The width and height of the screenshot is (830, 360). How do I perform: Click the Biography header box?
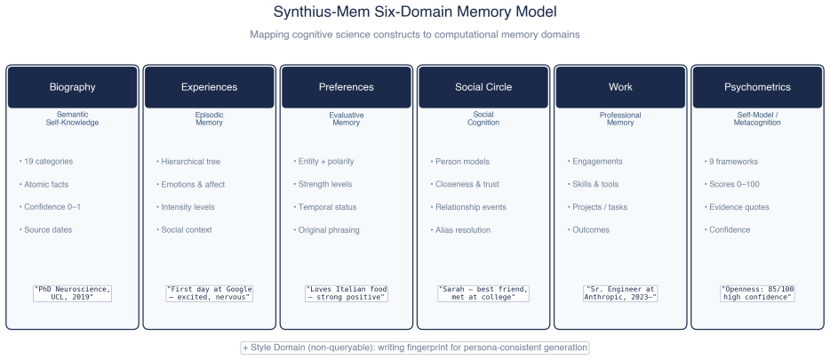point(73,87)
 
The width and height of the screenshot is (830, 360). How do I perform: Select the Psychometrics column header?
point(757,87)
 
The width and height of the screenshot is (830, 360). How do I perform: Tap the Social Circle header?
point(483,87)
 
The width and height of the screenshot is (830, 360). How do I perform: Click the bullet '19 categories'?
point(46,162)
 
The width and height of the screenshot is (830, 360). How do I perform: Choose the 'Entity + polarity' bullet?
point(323,162)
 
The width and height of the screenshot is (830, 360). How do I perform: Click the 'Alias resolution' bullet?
point(460,230)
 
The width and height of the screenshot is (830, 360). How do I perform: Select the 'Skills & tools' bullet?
point(593,184)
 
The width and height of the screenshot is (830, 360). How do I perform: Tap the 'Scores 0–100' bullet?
point(731,184)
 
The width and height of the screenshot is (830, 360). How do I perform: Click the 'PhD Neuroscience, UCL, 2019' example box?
point(73,293)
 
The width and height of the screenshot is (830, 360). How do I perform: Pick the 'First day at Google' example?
point(210,293)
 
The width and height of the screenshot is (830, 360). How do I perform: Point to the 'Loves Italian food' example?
point(347,293)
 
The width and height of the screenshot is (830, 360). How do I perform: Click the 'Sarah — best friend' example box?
point(483,293)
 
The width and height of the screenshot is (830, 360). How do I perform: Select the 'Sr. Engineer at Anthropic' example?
point(620,293)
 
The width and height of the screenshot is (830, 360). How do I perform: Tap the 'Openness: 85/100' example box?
point(757,293)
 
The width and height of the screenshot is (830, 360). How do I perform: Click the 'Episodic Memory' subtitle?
point(210,118)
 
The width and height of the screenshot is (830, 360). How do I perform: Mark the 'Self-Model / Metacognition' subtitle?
point(757,118)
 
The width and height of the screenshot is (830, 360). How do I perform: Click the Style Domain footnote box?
point(415,348)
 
